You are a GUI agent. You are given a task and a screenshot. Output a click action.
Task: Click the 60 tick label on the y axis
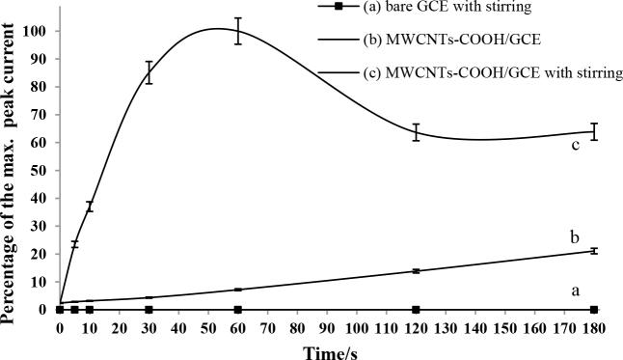[x=40, y=143]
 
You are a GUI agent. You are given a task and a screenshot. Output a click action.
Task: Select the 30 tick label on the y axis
[x=40, y=226]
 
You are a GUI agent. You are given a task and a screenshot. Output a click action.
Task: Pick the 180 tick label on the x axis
[x=594, y=327]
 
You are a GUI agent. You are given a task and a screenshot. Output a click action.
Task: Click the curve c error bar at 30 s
[x=149, y=72]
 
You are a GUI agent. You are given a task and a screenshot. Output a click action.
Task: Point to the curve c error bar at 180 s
[x=594, y=131]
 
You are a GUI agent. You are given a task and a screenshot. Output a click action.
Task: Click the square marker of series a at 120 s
[x=416, y=310]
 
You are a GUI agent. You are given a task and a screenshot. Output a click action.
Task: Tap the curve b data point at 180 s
[x=594, y=251]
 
